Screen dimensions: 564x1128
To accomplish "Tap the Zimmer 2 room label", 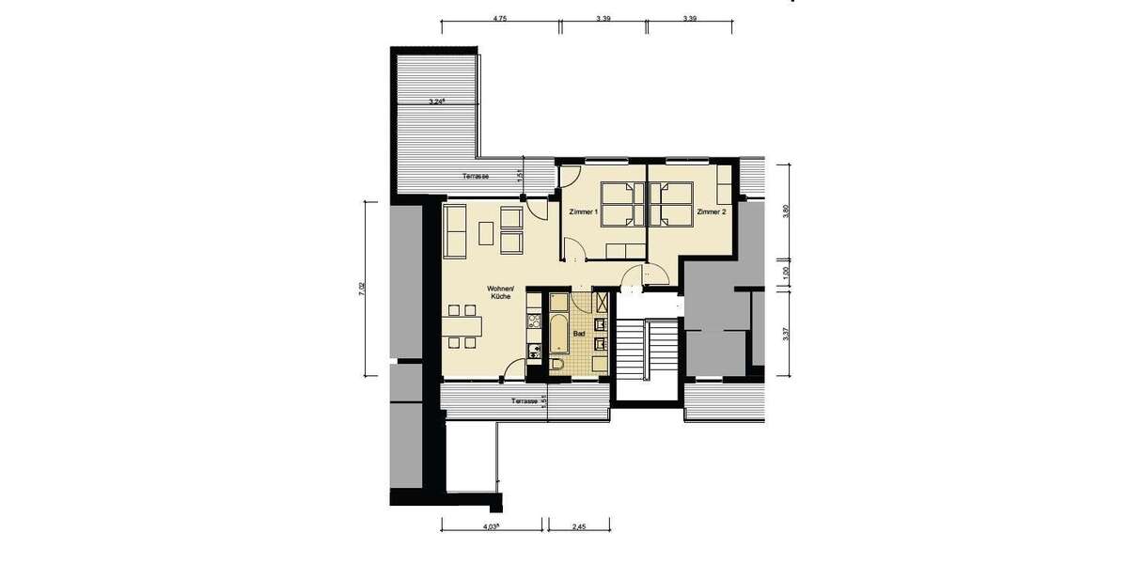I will pyautogui.click(x=712, y=212).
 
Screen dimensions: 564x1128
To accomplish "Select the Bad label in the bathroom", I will pyautogui.click(x=579, y=334).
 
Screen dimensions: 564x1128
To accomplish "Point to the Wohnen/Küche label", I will pyautogui.click(x=498, y=292).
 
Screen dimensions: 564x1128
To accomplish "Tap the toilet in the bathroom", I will pyautogui.click(x=557, y=365).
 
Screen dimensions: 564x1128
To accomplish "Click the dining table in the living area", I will pyautogui.click(x=462, y=325).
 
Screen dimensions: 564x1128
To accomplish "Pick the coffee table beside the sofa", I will pyautogui.click(x=487, y=231).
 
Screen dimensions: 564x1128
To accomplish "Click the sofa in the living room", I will pyautogui.click(x=453, y=231).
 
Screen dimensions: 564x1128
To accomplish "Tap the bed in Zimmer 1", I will pyautogui.click(x=619, y=204).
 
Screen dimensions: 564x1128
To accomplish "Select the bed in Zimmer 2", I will pyautogui.click(x=671, y=204).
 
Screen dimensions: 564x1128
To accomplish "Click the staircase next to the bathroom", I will pyautogui.click(x=647, y=350).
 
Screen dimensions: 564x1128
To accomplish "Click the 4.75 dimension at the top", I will pyautogui.click(x=499, y=18).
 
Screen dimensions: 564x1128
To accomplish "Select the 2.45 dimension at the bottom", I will pyautogui.click(x=578, y=527).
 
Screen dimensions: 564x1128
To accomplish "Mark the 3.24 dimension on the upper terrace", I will pyautogui.click(x=437, y=101).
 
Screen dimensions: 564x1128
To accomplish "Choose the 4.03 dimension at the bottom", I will pyautogui.click(x=491, y=527).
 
